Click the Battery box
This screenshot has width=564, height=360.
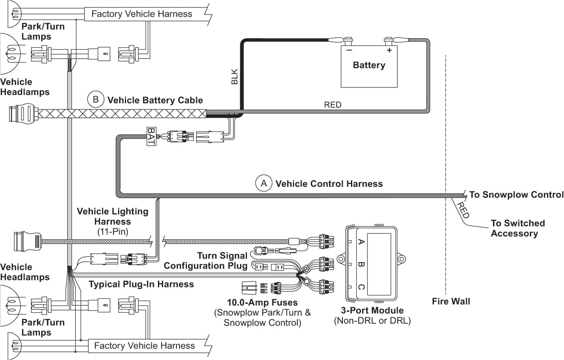pyautogui.click(x=369, y=66)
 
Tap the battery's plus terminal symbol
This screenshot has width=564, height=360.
pyautogui.click(x=389, y=50)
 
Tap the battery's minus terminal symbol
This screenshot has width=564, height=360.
pyautogui.click(x=349, y=50)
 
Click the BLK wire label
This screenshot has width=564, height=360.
pyautogui.click(x=234, y=77)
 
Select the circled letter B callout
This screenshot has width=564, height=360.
pyautogui.click(x=95, y=99)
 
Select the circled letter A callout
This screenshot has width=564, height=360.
pyautogui.click(x=263, y=184)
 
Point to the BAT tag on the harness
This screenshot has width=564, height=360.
pyautogui.click(x=151, y=137)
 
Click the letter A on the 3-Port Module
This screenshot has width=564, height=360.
pyautogui.click(x=361, y=242)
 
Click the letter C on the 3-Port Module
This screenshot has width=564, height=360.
pyautogui.click(x=361, y=287)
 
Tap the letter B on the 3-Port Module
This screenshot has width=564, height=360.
pyautogui.click(x=361, y=265)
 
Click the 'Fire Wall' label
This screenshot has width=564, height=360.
pyautogui.click(x=451, y=301)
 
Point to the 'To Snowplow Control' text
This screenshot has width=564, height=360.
pyautogui.click(x=516, y=195)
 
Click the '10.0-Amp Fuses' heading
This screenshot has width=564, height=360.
pyautogui.click(x=262, y=302)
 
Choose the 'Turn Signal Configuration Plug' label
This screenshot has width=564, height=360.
pyautogui.click(x=205, y=261)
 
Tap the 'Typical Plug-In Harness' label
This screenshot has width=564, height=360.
pyautogui.click(x=141, y=284)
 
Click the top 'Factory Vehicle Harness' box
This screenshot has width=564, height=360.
pyautogui.click(x=142, y=14)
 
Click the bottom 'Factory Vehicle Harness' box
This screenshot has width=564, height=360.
pyautogui.click(x=144, y=346)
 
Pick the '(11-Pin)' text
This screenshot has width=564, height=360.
pyautogui.click(x=112, y=232)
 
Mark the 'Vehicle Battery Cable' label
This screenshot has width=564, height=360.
pyautogui.click(x=155, y=100)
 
